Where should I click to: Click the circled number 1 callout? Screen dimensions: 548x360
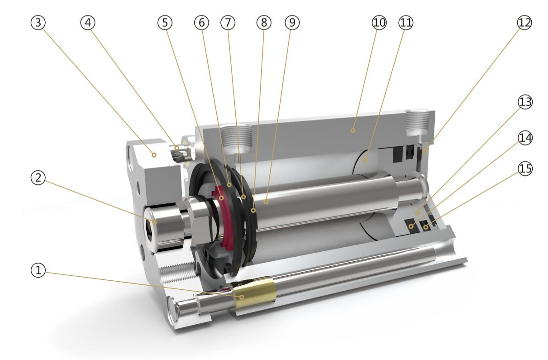pos(38,270)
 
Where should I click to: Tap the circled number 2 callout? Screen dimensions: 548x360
pos(38,178)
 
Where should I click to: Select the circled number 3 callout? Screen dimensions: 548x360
pos(38,23)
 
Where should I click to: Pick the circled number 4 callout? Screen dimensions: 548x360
pos(88,23)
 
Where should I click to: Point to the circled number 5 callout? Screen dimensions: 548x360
pos(165,23)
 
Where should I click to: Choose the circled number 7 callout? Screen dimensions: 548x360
pos(228,23)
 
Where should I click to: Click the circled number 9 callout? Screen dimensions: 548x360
pos(292,23)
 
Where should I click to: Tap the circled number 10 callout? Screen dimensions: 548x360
pos(379,23)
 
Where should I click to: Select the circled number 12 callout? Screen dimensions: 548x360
pos(524,23)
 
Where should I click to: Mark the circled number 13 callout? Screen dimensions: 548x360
pos(525,102)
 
